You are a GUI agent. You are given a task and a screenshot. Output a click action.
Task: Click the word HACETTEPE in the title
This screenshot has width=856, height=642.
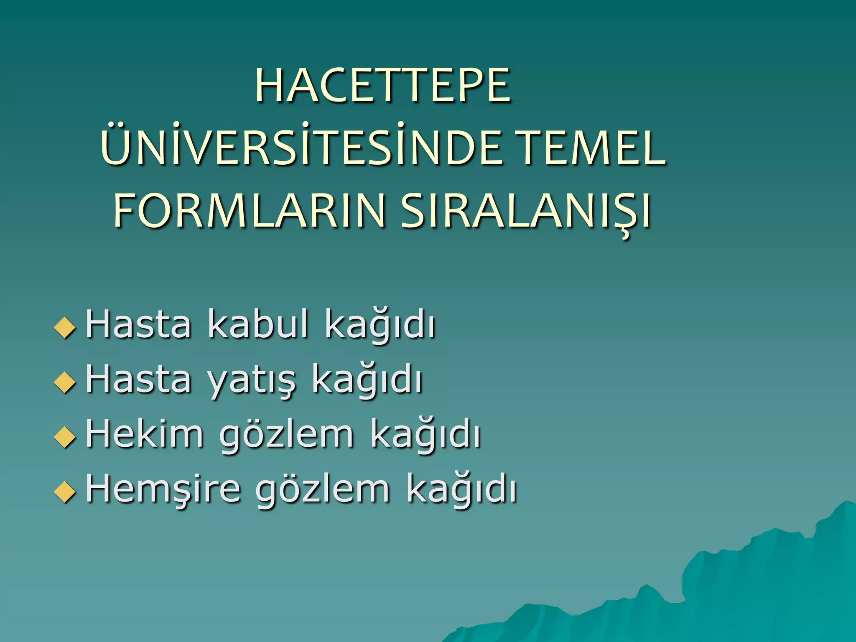coord(382,86)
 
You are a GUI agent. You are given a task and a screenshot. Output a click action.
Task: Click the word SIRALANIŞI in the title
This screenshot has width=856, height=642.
coord(526,211)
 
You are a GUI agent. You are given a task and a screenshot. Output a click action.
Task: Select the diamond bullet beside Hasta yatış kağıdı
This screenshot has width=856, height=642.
coord(65,382)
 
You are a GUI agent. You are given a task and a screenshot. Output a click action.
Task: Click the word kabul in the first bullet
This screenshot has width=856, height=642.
coord(258,324)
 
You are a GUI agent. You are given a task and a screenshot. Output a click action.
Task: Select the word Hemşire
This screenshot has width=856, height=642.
coord(163,489)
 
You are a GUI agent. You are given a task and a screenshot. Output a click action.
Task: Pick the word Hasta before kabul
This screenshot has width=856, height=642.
coord(138,324)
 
